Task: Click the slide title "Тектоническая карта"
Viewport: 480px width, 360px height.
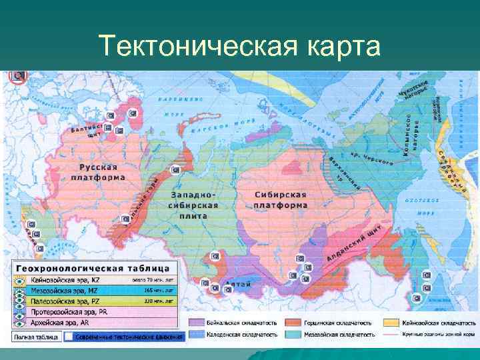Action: [x=239, y=47]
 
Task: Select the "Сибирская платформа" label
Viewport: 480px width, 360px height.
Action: [x=281, y=199]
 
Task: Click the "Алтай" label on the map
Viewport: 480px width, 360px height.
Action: [x=237, y=285]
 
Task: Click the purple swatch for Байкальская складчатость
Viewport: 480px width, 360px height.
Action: [x=197, y=321]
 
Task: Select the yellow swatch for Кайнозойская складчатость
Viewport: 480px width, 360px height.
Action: [x=391, y=321]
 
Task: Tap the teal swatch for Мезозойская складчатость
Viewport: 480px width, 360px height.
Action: [x=294, y=333]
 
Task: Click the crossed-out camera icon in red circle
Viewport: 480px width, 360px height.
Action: [x=16, y=77]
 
